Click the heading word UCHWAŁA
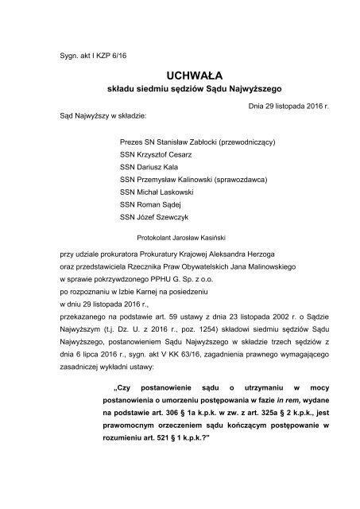pos(180,72)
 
